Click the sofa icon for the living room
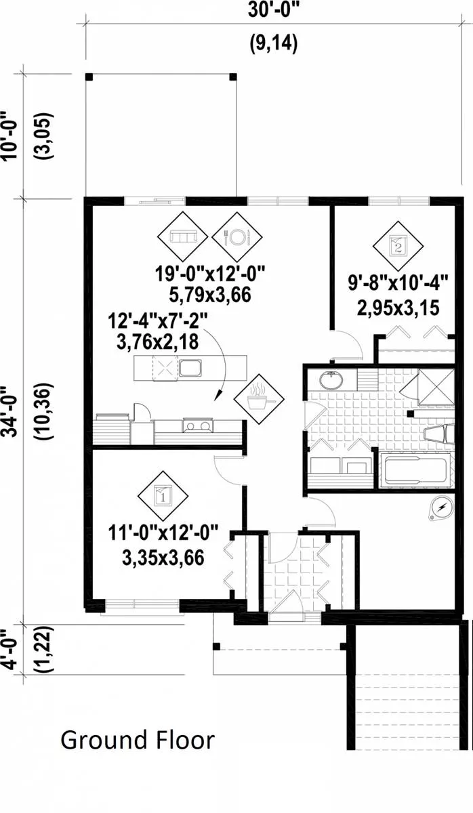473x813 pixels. click(182, 236)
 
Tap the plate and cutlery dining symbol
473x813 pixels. click(237, 237)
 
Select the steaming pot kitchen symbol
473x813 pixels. click(259, 399)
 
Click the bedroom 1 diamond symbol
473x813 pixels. click(163, 496)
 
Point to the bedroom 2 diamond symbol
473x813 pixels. click(398, 247)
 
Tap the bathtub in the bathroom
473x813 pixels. click(415, 471)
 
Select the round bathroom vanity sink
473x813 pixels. click(331, 380)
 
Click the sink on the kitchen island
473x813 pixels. click(190, 368)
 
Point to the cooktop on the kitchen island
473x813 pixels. click(165, 369)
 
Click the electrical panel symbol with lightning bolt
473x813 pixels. click(442, 507)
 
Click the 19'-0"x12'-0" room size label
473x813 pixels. click(211, 273)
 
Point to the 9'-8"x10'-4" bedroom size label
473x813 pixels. click(398, 282)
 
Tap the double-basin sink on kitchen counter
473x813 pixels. click(197, 425)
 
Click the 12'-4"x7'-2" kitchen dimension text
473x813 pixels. click(158, 321)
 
